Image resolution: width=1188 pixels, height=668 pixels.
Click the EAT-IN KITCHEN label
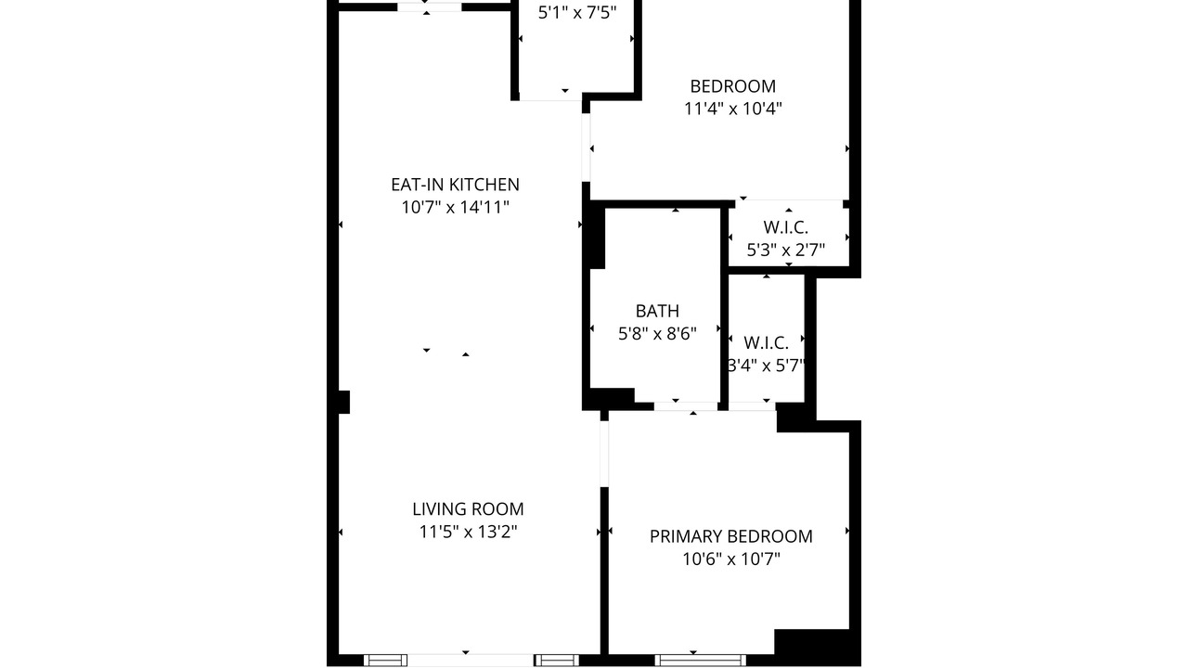pos(455,185)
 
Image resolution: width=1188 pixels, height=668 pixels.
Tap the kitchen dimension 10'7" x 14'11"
pos(455,207)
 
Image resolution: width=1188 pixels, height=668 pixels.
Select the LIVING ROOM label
pos(468,509)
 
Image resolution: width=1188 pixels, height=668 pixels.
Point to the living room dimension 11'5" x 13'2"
pos(468,532)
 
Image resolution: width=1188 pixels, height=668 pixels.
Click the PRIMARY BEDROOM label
pos(730,536)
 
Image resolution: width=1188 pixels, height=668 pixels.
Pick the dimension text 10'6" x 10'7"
pos(730,559)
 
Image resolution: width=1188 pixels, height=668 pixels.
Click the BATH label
pos(657,311)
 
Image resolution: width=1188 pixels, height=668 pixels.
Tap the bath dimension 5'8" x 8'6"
pos(657,334)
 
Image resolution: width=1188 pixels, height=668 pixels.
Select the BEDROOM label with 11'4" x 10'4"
pos(732,86)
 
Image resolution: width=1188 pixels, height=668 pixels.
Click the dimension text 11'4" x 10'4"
pos(732,109)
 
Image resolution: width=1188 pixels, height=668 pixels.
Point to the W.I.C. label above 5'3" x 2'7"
pos(785,227)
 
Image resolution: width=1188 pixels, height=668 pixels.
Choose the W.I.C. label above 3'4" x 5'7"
pos(766,343)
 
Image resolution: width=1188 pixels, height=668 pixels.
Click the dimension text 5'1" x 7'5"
pos(577,13)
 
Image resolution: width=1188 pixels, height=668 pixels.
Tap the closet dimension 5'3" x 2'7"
pos(785,250)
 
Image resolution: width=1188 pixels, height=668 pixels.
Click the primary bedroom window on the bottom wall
pos(700,660)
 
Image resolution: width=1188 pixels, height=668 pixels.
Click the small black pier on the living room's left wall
pos(343,402)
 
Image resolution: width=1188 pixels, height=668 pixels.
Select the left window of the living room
pos(385,660)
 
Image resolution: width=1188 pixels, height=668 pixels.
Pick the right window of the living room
pos(556,660)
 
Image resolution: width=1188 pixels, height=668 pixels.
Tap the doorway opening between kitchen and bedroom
pos(586,148)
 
